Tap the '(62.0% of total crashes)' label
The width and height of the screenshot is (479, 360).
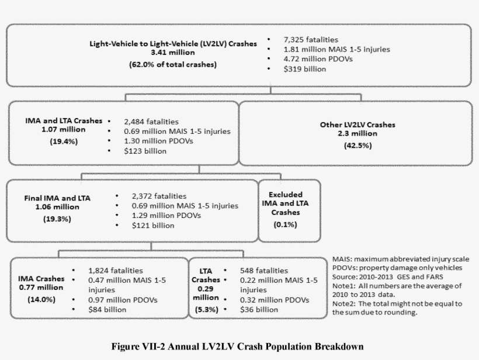(x=173, y=64)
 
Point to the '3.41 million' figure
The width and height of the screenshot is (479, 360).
(x=173, y=53)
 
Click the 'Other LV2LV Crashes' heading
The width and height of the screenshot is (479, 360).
(x=357, y=124)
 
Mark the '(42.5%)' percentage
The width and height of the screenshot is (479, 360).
(x=357, y=146)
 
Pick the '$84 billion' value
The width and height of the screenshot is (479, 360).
(x=107, y=309)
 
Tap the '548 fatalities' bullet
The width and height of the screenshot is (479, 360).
(x=264, y=270)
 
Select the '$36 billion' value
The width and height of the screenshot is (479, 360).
(x=259, y=309)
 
